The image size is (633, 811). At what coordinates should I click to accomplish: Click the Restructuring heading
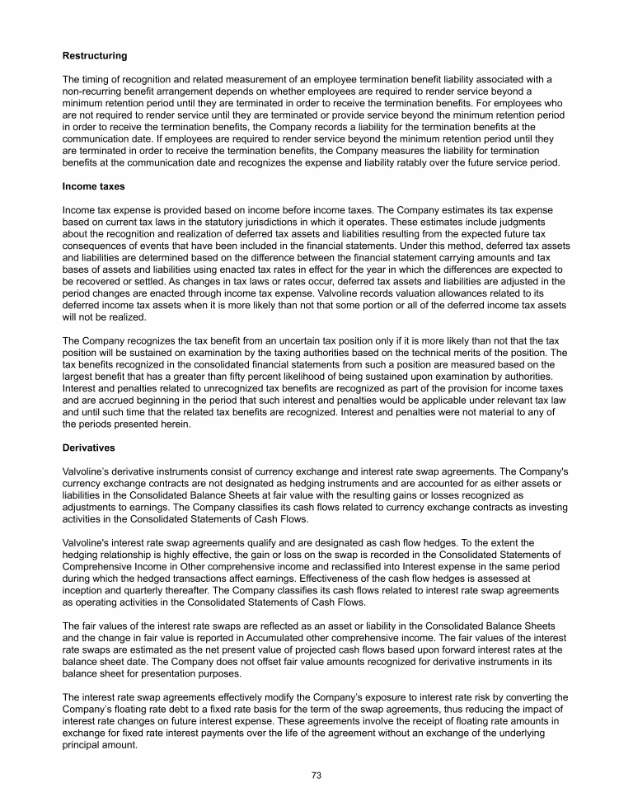pyautogui.click(x=95, y=56)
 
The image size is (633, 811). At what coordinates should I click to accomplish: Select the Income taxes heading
pyautogui.click(x=93, y=187)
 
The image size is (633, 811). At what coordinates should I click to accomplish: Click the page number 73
pyautogui.click(x=316, y=776)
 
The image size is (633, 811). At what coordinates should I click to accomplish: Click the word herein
pyautogui.click(x=170, y=424)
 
